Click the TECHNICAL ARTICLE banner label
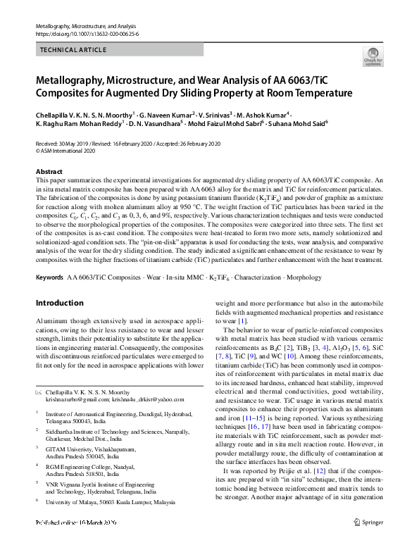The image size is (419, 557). [74, 50]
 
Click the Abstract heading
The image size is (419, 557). [49, 172]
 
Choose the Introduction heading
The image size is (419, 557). [59, 303]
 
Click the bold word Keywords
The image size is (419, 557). [49, 279]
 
